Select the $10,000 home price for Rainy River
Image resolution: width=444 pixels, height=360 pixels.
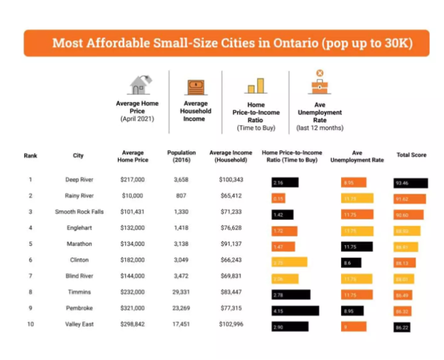[132, 196]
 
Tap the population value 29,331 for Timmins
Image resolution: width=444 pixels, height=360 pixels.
[181, 292]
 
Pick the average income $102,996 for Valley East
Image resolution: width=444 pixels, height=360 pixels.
[231, 325]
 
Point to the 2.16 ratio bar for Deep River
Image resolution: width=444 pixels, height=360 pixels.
[285, 183]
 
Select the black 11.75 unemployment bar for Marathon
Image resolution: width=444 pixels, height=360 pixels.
[357, 247]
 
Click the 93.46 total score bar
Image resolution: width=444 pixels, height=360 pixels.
[411, 183]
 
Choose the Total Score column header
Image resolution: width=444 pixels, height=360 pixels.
[411, 155]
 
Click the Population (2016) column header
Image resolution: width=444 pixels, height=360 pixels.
[181, 156]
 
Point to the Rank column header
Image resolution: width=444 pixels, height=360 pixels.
[30, 156]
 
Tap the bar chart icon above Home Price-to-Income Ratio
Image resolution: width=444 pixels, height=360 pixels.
[255, 86]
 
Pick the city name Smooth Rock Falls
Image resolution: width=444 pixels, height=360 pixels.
[79, 212]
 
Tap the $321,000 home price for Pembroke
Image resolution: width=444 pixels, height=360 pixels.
[132, 309]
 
